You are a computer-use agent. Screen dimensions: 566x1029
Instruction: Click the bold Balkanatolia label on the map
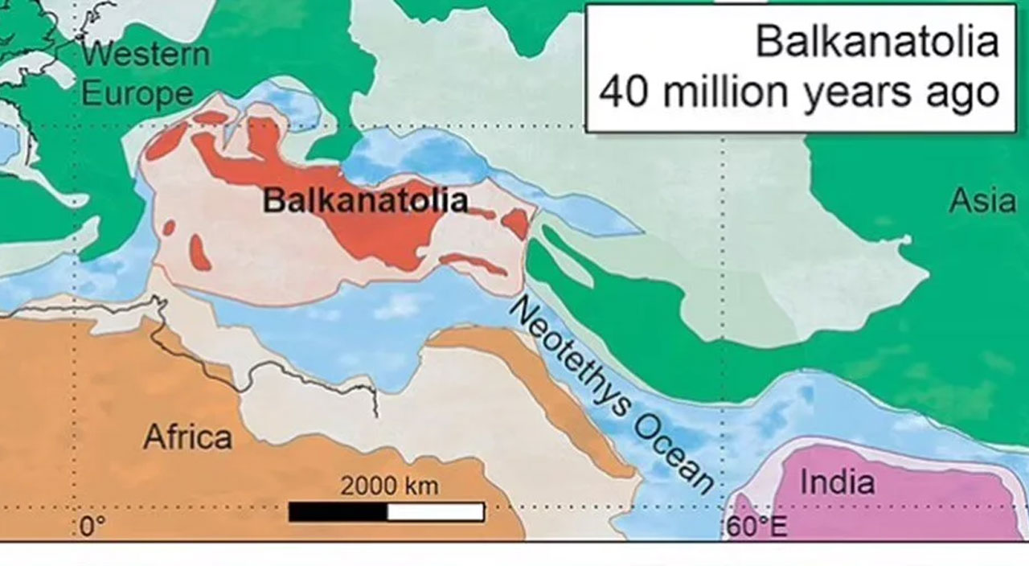(x=365, y=200)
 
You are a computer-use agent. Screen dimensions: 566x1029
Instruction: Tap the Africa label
(x=188, y=437)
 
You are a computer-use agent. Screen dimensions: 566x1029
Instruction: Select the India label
(x=836, y=482)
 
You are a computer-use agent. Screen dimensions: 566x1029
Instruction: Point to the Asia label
(x=982, y=201)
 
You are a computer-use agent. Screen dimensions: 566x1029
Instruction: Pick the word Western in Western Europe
(x=145, y=55)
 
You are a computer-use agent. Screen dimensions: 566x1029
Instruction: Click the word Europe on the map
(x=137, y=94)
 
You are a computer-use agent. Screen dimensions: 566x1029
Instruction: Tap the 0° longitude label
(x=92, y=527)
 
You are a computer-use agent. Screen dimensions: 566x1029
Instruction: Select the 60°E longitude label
(x=757, y=527)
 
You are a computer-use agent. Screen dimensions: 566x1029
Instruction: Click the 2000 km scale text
(x=389, y=486)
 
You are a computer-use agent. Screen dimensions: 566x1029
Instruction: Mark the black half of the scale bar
(x=338, y=512)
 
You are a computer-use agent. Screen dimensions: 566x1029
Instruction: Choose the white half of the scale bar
(x=436, y=512)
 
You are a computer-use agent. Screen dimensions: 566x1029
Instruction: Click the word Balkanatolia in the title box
(x=877, y=42)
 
